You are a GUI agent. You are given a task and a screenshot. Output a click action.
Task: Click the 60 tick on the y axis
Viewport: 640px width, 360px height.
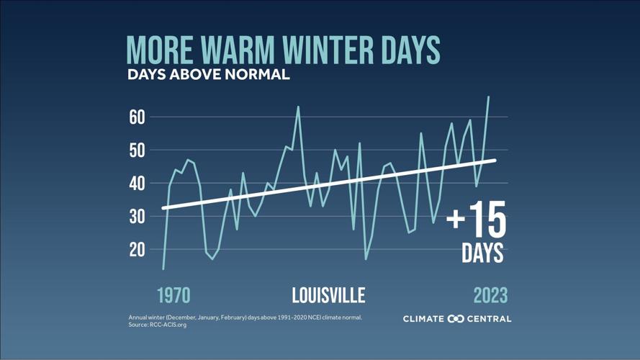[x=137, y=117]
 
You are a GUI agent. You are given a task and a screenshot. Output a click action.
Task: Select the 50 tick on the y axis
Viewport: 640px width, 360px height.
[x=137, y=150]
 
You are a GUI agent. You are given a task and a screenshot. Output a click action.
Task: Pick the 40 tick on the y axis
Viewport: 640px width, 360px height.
[x=137, y=183]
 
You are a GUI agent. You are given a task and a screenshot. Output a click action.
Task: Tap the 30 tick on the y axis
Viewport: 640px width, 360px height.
[x=137, y=216]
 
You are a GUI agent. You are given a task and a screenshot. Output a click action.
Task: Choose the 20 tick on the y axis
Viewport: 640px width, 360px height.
[x=137, y=249]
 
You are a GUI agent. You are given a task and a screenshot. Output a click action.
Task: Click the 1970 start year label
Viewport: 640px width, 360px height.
[x=173, y=295]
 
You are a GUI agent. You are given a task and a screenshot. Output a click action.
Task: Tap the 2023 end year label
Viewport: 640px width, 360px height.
[x=490, y=295]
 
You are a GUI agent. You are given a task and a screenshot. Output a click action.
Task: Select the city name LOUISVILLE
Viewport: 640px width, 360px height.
[x=328, y=295]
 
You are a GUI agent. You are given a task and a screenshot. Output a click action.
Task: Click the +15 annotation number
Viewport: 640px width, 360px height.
[x=477, y=220]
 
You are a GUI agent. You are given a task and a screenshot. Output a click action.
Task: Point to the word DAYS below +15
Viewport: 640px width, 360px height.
[x=482, y=253]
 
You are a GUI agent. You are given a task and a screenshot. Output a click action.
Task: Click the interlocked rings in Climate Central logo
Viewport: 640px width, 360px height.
[x=456, y=319]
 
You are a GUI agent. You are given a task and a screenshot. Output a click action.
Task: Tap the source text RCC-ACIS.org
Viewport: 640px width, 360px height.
[x=168, y=325]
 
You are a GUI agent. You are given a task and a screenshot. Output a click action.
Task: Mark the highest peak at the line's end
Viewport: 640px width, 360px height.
[x=488, y=96]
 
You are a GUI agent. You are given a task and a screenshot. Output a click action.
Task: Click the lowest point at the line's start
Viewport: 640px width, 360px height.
[x=163, y=269]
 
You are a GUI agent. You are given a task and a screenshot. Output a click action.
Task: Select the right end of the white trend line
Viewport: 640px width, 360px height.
[x=495, y=160]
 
